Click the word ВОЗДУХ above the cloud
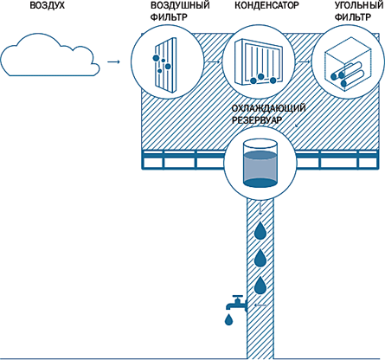pos(48,5)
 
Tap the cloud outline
pos(49,75)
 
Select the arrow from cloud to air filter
pos(113,61)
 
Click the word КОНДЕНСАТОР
pos(266,5)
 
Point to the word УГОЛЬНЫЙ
pos(359,5)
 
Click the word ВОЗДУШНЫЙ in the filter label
pos(180,5)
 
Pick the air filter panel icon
pos(165,65)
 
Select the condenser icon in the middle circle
pos(259,62)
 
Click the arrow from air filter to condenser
pos(213,61)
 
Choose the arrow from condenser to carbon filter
pos(304,61)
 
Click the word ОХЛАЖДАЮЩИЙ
pos(268,109)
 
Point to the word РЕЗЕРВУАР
pos(256,120)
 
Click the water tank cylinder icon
pos(260,164)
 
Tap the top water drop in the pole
pos(260,230)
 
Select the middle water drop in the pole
pos(260,258)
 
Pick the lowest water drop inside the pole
pos(260,286)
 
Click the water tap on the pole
pos(236,303)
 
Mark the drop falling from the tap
pos(228,319)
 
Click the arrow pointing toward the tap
pos(260,305)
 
